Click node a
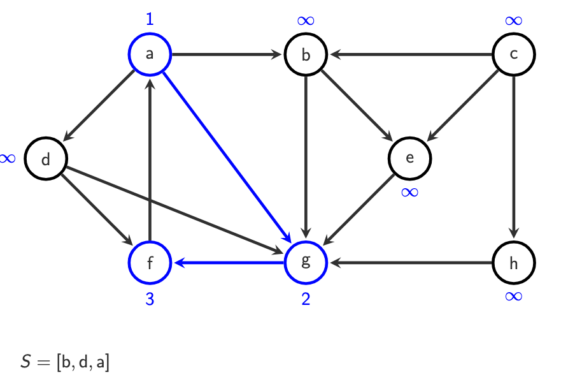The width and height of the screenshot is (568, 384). click(150, 54)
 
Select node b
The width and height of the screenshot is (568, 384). click(306, 54)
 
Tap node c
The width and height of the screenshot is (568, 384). click(514, 54)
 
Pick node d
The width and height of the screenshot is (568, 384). click(46, 159)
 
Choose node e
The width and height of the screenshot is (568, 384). click(410, 158)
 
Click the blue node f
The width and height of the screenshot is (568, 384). click(150, 262)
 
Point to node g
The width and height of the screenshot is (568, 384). click(306, 262)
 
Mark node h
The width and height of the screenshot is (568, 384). click(514, 262)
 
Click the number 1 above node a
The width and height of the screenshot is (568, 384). click(150, 19)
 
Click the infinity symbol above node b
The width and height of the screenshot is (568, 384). click(306, 20)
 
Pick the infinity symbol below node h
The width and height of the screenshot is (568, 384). click(514, 296)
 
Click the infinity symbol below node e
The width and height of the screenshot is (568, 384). click(410, 192)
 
